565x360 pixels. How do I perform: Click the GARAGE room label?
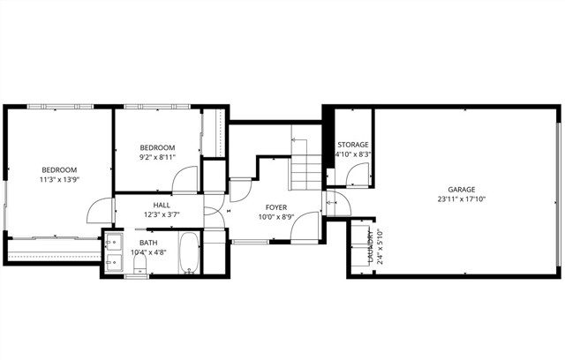point(461,190)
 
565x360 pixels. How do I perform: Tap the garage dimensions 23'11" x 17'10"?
point(461,199)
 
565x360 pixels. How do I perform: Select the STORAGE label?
point(352,145)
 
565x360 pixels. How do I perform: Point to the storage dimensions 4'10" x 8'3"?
point(352,154)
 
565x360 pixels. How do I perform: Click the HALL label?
point(162,205)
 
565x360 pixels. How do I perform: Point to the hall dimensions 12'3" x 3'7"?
point(162,214)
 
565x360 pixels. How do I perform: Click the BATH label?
point(148,242)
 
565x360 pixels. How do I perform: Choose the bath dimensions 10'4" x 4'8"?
point(148,252)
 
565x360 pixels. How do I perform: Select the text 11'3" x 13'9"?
point(59,180)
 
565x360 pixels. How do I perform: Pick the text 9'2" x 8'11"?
point(158,158)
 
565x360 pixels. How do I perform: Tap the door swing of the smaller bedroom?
point(185,181)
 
